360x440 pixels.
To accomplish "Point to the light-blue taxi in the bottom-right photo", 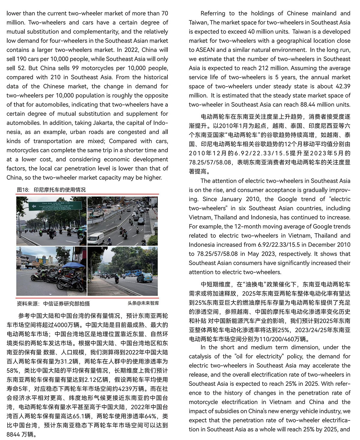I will [144, 278].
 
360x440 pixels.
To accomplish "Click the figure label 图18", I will [23, 190].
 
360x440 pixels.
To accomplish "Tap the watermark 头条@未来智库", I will [143, 303].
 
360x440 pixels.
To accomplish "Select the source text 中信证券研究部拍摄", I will [66, 303].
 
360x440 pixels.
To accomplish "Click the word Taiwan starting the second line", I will [199, 22].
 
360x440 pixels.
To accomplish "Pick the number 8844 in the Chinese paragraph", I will [13, 434].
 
